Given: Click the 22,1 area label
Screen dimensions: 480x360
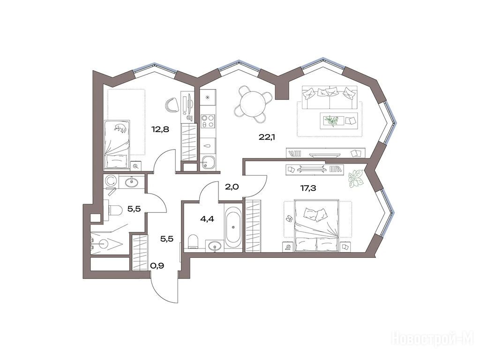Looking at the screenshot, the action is point(267,137).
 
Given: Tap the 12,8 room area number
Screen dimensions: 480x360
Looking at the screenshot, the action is point(160,129).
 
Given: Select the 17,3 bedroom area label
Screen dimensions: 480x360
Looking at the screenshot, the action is point(308,188).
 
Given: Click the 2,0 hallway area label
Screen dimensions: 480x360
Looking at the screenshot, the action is point(232,187).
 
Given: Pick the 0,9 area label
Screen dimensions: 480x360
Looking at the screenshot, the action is point(157,266).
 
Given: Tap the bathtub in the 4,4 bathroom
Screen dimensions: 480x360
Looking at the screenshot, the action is point(233,227).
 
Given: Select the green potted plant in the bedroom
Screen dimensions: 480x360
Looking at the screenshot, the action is point(356,178).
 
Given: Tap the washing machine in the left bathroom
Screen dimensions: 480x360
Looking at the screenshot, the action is point(110,181).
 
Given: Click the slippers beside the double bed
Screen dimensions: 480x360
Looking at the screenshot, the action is point(289,218).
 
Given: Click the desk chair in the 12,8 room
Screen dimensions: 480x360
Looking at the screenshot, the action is point(172,105).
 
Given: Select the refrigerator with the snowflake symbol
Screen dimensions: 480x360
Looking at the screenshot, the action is point(208,97).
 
